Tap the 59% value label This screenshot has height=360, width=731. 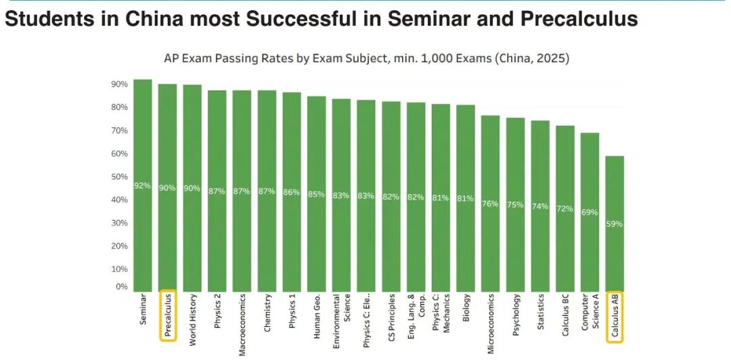pos(615,224)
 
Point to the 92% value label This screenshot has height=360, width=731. pos(143,186)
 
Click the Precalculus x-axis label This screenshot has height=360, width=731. pos(168,315)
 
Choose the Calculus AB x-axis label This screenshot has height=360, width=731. pos(615,315)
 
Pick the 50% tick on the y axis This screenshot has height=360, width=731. pos(120,177)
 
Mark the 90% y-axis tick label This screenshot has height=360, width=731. pos(120,85)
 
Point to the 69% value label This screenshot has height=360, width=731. pos(590,212)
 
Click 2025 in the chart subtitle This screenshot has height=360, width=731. pos(550,58)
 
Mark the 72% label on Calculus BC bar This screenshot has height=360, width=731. pos(565,208)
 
